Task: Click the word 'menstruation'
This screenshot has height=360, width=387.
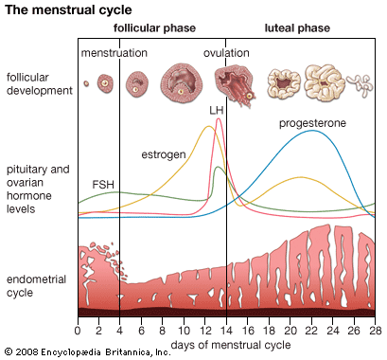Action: (x=114, y=53)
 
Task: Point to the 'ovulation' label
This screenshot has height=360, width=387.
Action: (x=227, y=53)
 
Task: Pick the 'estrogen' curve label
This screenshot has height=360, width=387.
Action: (x=163, y=153)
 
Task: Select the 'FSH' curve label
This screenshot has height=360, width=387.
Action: (x=104, y=183)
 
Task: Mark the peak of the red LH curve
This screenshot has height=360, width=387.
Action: (x=219, y=118)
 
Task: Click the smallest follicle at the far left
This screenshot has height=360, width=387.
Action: (x=86, y=83)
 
